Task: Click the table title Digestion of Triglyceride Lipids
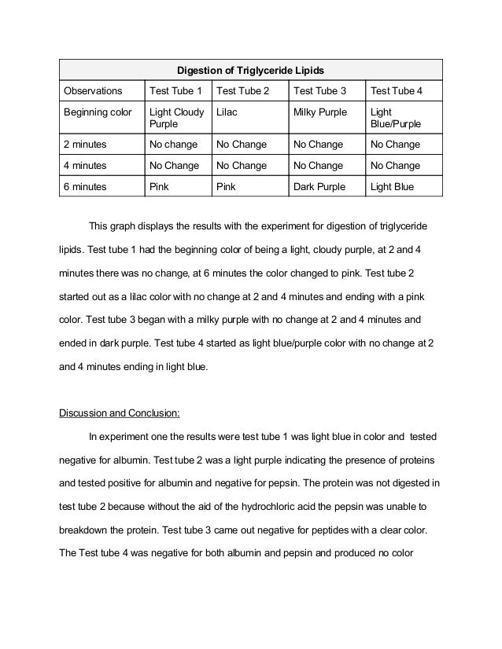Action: click(248, 69)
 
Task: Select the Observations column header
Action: click(87, 91)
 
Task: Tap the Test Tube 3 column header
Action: click(319, 91)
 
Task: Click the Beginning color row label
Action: click(98, 112)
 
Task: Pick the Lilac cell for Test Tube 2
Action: click(227, 112)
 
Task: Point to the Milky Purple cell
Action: click(319, 112)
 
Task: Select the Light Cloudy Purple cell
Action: click(176, 118)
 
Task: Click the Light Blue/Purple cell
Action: click(395, 118)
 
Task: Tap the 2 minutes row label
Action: click(87, 145)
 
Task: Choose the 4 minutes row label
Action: click(87, 166)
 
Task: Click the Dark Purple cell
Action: click(319, 187)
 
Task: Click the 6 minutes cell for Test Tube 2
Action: click(227, 187)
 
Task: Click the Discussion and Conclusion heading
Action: click(120, 411)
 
